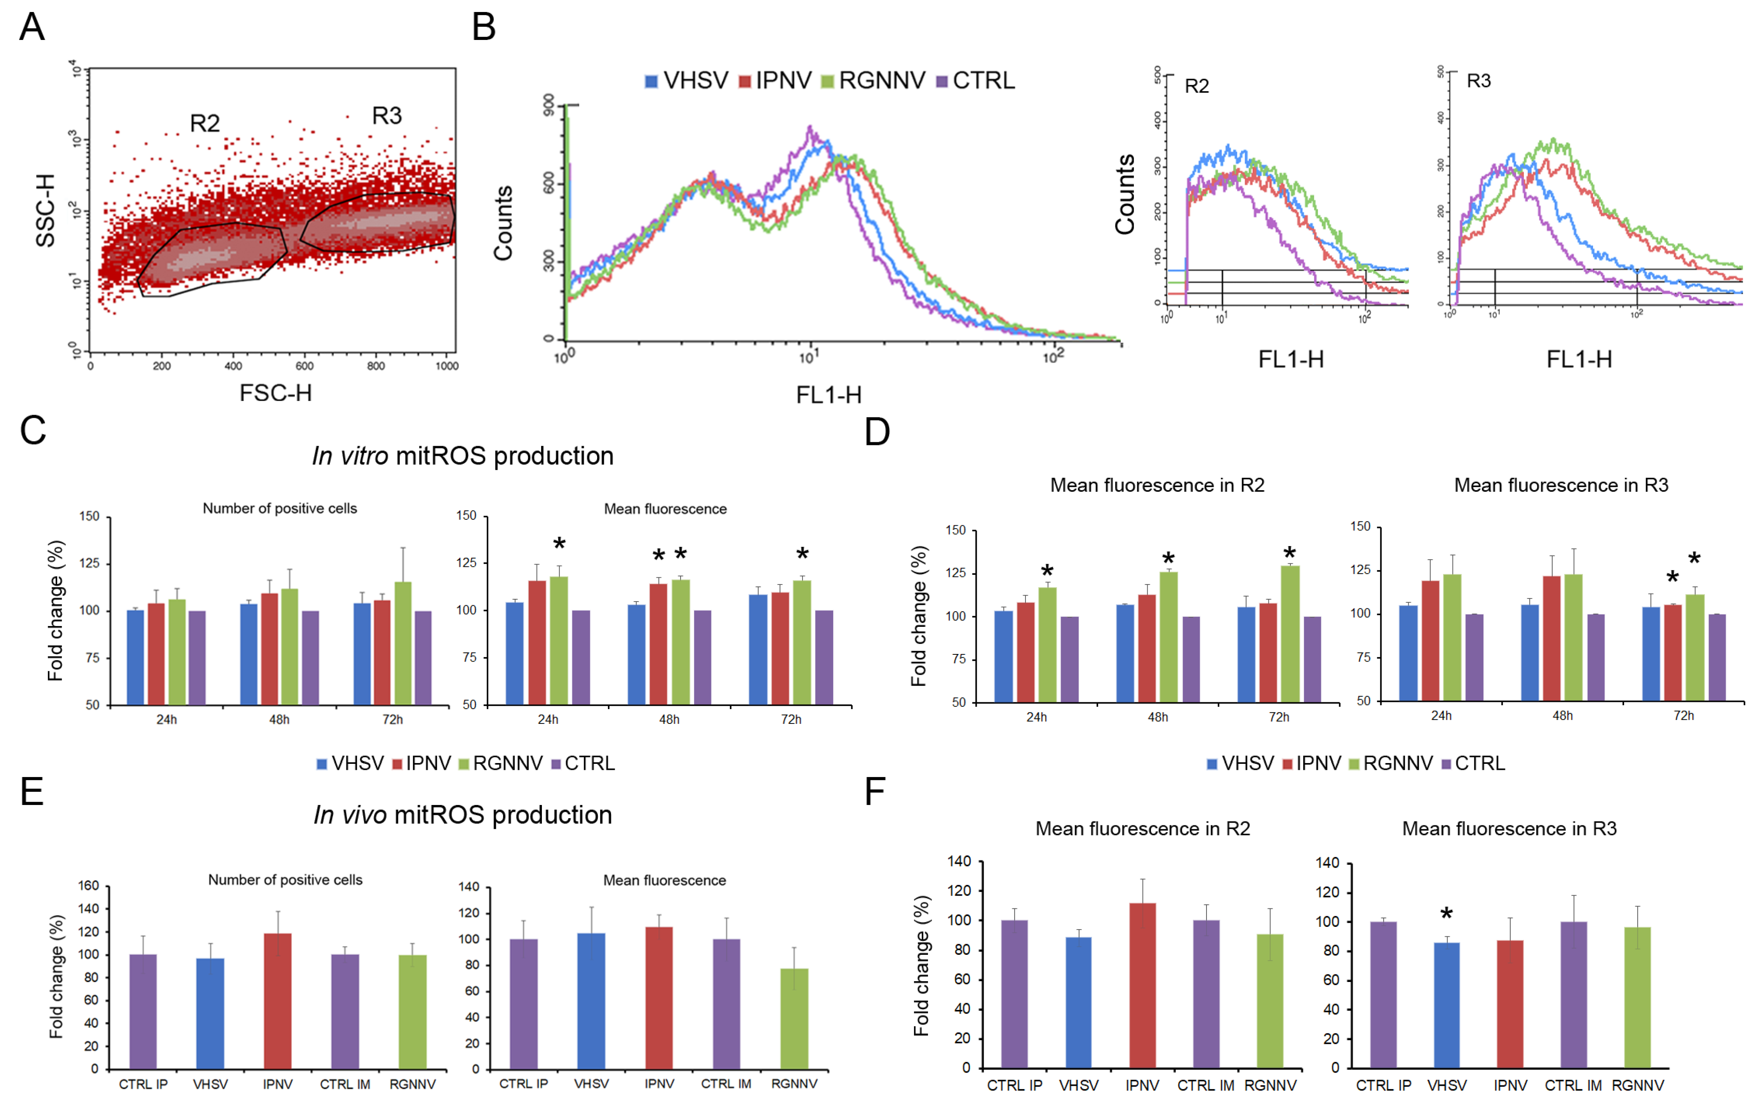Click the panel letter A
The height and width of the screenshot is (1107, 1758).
coord(32,28)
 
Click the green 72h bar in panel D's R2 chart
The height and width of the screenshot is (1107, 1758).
coord(1290,634)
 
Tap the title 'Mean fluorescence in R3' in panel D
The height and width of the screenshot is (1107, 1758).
coord(1561,485)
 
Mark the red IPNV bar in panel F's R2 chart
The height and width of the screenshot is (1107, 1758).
coord(1143,985)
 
